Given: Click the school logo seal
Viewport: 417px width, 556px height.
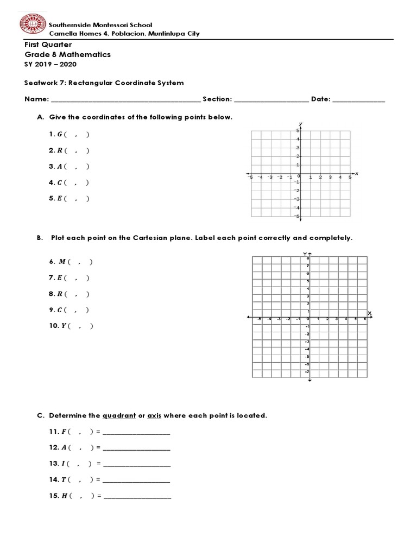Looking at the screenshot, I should tap(32, 28).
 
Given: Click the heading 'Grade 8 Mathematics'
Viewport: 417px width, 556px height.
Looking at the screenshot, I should tap(68, 54).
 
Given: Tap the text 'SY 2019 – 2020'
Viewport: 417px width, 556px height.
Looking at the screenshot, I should tap(51, 64).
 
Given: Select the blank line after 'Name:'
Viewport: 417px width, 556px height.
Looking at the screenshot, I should tap(125, 100).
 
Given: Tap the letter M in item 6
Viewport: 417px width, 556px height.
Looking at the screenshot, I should tap(61, 262).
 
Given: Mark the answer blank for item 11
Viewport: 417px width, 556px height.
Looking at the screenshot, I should tap(136, 433).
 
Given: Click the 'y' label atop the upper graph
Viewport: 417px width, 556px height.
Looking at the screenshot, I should tap(300, 124).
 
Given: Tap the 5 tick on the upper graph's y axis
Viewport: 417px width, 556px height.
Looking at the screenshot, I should tap(298, 131).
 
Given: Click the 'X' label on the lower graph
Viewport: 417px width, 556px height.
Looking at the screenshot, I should tap(369, 313).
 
